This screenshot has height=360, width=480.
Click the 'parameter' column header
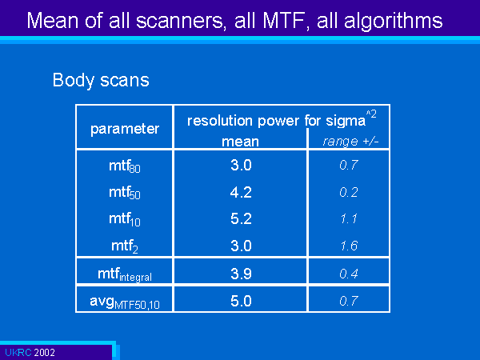[125, 129]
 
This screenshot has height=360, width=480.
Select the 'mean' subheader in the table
[240, 142]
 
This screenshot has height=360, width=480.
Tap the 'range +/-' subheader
[350, 141]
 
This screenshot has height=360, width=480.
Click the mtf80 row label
[125, 166]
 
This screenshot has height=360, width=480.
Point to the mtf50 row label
[125, 193]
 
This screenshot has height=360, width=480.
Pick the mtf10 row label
[125, 219]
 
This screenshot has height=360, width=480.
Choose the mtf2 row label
[125, 246]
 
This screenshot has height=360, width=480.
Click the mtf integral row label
[125, 274]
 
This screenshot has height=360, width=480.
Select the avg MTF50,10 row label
[125, 302]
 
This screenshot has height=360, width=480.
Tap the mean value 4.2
[241, 192]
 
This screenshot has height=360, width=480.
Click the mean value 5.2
[241, 219]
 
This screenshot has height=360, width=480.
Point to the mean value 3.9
[241, 274]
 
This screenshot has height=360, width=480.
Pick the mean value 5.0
[241, 301]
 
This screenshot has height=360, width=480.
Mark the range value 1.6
[349, 246]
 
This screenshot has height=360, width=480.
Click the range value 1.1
[349, 219]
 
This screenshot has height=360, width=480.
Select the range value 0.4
[349, 274]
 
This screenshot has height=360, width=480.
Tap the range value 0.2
[349, 192]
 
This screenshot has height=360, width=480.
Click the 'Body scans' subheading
[101, 80]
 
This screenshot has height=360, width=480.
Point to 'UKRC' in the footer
[18, 352]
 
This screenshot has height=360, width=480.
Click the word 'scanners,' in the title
[182, 21]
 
